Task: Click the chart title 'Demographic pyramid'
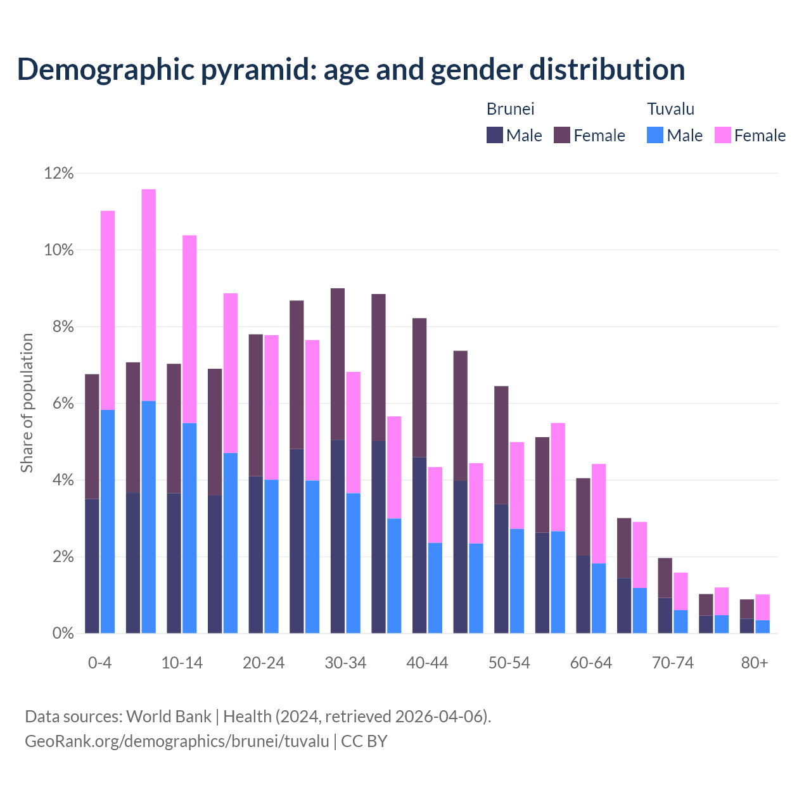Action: point(350,70)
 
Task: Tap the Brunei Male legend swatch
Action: point(494,135)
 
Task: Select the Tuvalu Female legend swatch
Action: point(722,135)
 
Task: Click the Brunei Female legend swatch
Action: point(562,135)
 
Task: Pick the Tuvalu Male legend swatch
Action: point(655,135)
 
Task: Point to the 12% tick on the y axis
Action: point(59,173)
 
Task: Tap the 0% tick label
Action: point(62,634)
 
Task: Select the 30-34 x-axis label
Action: point(345,663)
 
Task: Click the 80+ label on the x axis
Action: point(755,663)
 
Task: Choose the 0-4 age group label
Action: point(100,663)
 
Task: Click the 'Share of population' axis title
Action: point(27,403)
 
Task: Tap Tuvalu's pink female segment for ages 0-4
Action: point(108,310)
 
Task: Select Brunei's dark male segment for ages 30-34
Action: point(338,536)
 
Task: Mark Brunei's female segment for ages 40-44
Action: point(419,387)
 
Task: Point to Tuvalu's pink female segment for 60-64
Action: point(599,513)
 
